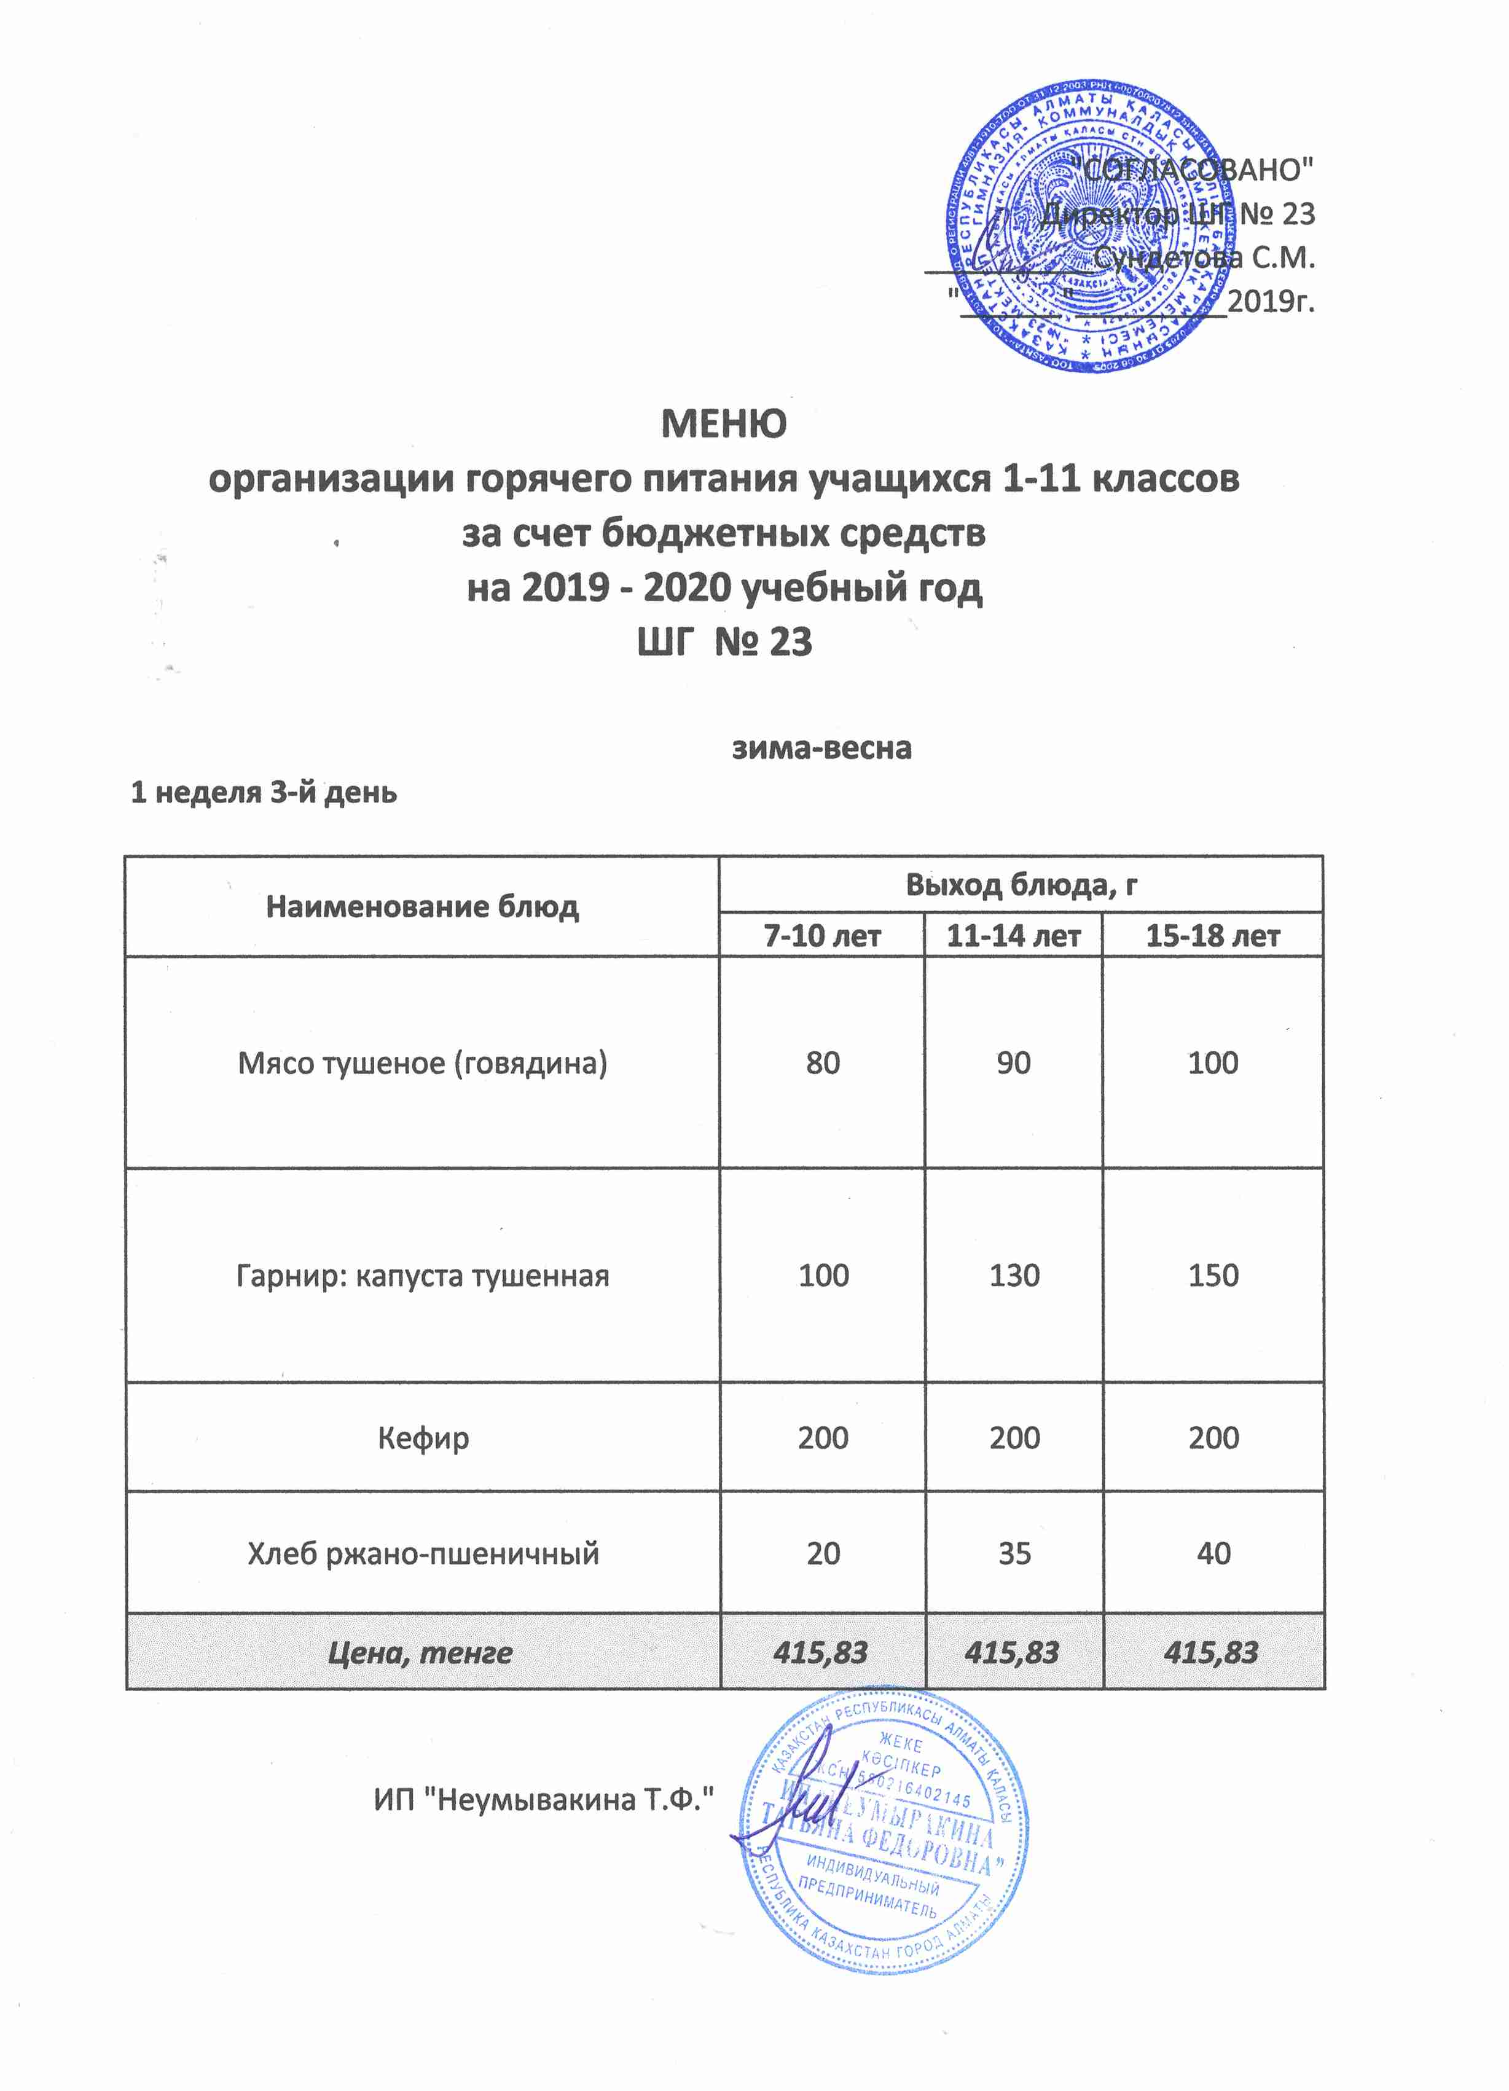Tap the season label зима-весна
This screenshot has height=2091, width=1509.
[x=821, y=748]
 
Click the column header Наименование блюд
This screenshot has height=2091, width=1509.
[x=422, y=907]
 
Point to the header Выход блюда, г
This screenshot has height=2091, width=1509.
[x=1021, y=885]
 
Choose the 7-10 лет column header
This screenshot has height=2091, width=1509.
[x=822, y=936]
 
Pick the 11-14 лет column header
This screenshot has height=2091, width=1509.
[x=1013, y=936]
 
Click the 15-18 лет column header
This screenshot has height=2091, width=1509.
[x=1212, y=936]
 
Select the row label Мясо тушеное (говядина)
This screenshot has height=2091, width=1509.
[x=422, y=1063]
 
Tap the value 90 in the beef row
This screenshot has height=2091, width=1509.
[x=1013, y=1063]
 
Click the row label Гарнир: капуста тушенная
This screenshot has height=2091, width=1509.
[x=422, y=1276]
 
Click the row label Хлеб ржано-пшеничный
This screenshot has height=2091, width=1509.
[x=423, y=1553]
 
